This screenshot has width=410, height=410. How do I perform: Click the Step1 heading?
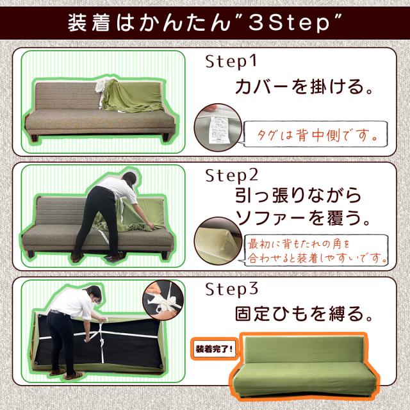tap(231, 61)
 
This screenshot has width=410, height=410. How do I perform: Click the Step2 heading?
tap(232, 176)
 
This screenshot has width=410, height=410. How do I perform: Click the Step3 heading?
tap(232, 289)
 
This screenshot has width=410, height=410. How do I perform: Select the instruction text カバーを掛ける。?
tap(304, 86)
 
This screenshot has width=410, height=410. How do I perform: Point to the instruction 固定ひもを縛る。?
tap(304, 313)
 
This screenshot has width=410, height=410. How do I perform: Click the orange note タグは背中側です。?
tap(317, 135)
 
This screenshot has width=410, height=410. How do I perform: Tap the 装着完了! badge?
tap(214, 348)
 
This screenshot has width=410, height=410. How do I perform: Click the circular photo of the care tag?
tap(218, 127)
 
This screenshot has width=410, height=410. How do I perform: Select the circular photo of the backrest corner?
tap(218, 241)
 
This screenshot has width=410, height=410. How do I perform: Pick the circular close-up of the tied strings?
tap(163, 300)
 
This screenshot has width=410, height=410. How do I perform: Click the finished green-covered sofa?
tap(304, 366)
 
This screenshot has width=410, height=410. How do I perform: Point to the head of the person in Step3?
tap(94, 293)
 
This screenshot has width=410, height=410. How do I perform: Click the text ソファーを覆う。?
tap(303, 218)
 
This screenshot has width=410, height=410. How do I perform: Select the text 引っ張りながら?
tap(298, 195)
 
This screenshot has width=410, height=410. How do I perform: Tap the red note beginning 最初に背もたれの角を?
tap(317, 250)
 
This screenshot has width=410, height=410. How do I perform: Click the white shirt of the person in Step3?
tap(72, 304)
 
